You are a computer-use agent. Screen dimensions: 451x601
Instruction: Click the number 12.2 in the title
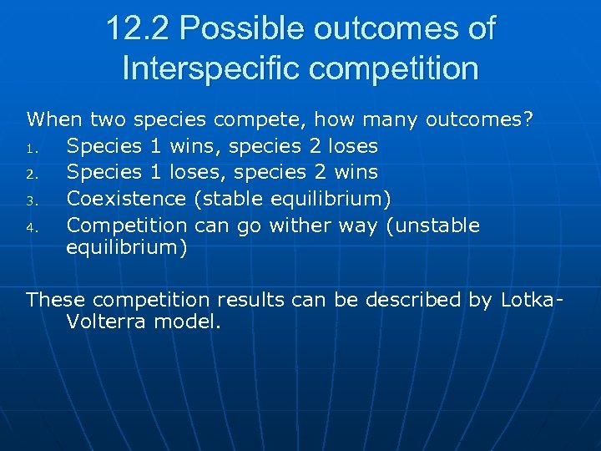point(137,28)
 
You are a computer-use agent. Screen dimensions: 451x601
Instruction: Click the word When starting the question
point(52,119)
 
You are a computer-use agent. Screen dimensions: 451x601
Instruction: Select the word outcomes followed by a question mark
point(480,119)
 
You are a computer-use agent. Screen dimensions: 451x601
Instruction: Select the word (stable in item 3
point(225,198)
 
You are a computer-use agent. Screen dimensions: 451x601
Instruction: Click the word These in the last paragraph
point(57,300)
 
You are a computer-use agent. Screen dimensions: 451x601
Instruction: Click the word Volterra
point(106,322)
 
